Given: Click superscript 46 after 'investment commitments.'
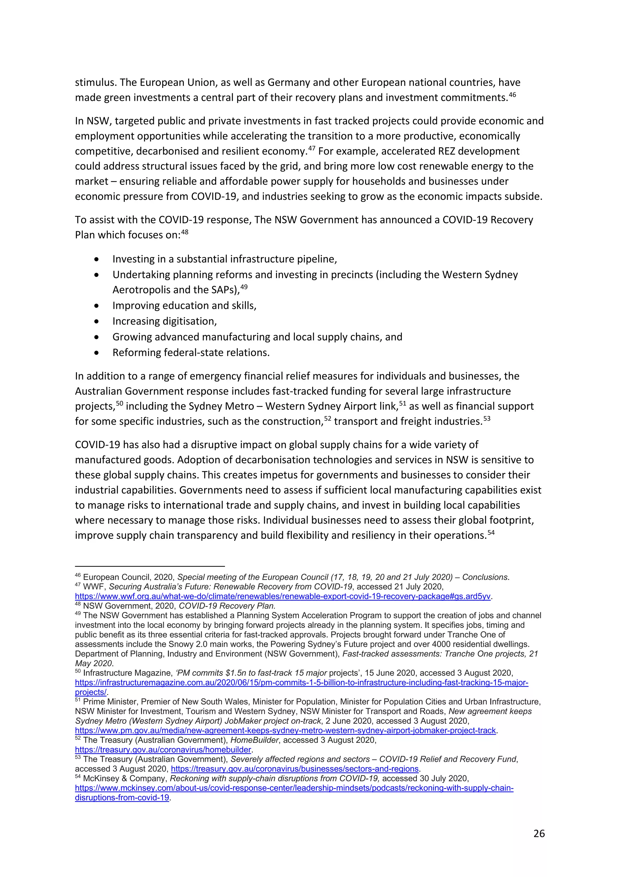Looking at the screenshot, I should tap(512, 94).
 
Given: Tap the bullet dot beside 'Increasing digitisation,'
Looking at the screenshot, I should tap(97, 322).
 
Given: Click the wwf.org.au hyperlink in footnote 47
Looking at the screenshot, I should tap(282, 596).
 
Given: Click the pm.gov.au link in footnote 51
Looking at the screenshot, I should tap(285, 730).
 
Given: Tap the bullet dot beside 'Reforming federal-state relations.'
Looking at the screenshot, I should tap(97, 353).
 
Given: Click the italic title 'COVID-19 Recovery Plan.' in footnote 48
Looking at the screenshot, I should tap(227, 606).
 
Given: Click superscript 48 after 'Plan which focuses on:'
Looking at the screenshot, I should tap(184, 232).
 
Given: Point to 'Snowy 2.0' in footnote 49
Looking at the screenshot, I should tap(187, 644).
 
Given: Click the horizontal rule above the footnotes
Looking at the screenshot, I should tap(150, 567).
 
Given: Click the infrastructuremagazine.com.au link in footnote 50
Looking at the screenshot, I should tap(302, 682).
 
